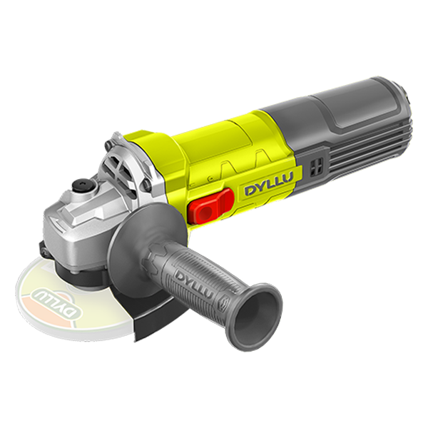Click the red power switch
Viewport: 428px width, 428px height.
210,206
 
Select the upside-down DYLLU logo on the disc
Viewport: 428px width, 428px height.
56,301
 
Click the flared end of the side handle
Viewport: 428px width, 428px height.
254,312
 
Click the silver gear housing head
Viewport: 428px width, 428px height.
79,224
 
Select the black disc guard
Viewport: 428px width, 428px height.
142,314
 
